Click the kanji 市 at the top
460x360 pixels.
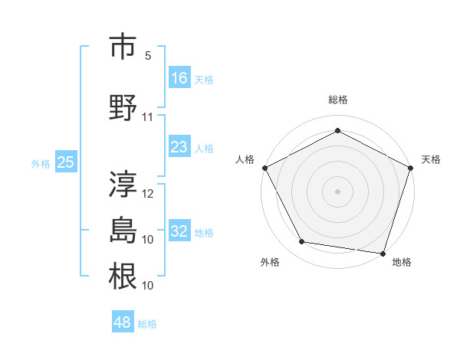(123, 47)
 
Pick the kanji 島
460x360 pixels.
(123, 229)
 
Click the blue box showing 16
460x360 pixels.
(179, 77)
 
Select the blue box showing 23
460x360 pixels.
(179, 147)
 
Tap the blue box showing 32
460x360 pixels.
(179, 231)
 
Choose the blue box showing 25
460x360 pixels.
(65, 162)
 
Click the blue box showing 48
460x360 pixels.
(123, 322)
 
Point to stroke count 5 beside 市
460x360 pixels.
(148, 56)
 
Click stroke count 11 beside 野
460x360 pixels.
(148, 117)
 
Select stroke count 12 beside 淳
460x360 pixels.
(148, 194)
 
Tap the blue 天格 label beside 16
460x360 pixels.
(204, 79)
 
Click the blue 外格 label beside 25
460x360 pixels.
(41, 164)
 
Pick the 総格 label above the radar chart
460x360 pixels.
(338, 100)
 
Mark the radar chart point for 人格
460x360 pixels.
(265, 167)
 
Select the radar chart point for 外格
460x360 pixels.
(302, 242)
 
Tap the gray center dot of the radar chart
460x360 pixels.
(338, 191)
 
